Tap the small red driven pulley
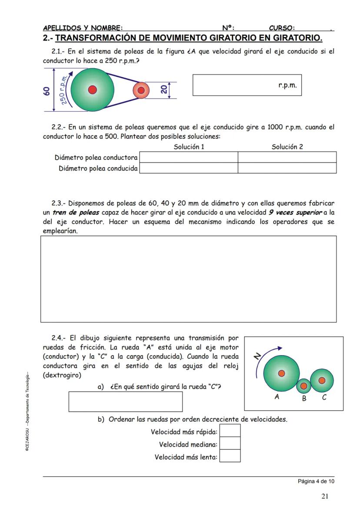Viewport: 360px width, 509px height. [x=140, y=90]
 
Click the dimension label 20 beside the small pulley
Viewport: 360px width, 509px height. [x=163, y=90]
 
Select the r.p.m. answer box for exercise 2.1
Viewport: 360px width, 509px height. [x=247, y=85]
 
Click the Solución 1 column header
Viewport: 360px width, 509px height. [x=189, y=147]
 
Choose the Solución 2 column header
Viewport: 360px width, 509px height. [x=287, y=147]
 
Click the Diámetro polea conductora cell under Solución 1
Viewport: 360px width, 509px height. [x=188, y=157]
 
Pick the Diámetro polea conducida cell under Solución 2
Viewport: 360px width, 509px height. [x=287, y=168]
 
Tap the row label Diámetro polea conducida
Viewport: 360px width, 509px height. [x=98, y=168]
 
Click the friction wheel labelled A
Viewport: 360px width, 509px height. [x=281, y=373]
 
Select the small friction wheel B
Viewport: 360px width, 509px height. [x=304, y=385]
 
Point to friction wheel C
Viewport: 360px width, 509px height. [x=322, y=380]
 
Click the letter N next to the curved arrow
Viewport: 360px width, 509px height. [x=257, y=356]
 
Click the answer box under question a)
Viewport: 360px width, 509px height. [x=125, y=402]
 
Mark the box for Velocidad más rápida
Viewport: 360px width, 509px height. [x=230, y=431]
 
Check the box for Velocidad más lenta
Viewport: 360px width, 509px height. [x=230, y=456]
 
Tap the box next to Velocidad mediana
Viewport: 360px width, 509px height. [x=230, y=444]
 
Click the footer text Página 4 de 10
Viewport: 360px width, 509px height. [x=316, y=481]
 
